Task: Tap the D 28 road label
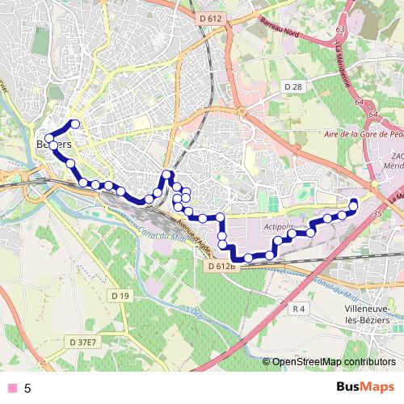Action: pyautogui.click(x=292, y=86)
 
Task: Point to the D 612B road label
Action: pyautogui.click(x=219, y=265)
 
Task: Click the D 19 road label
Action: pyautogui.click(x=120, y=296)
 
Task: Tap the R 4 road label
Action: pyautogui.click(x=299, y=308)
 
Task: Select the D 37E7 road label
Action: pyautogui.click(x=83, y=342)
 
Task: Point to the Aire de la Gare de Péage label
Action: pyautogui.click(x=359, y=134)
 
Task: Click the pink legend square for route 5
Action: pyautogui.click(x=11, y=388)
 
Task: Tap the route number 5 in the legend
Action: pyautogui.click(x=27, y=388)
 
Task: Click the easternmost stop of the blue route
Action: pyautogui.click(x=354, y=202)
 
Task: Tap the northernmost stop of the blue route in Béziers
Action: pyautogui.click(x=76, y=124)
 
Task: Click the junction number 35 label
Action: pyautogui.click(x=377, y=213)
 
